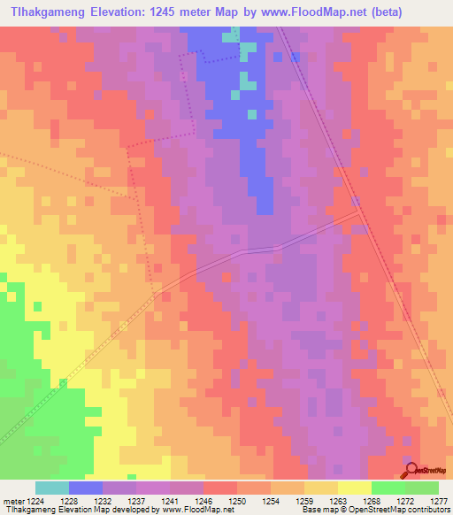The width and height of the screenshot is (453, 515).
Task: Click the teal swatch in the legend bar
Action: click(52, 488)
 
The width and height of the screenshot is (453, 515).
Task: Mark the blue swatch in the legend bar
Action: click(86, 488)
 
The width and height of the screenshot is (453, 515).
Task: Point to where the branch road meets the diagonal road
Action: click(357, 212)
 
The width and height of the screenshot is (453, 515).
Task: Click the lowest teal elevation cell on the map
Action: click(253, 114)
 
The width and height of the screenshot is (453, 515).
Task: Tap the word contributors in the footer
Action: click(428, 511)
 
